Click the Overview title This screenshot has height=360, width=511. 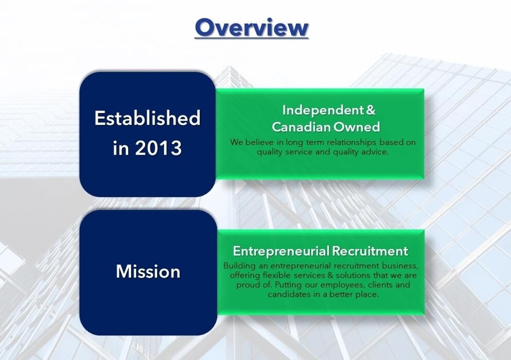251,27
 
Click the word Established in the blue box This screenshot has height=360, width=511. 147,118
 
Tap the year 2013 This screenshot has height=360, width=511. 158,148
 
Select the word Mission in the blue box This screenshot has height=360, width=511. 148,272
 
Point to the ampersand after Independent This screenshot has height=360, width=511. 371,110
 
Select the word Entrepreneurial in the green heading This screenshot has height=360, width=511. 281,251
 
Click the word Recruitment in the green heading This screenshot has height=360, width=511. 369,251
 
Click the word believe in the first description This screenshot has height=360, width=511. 259,142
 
